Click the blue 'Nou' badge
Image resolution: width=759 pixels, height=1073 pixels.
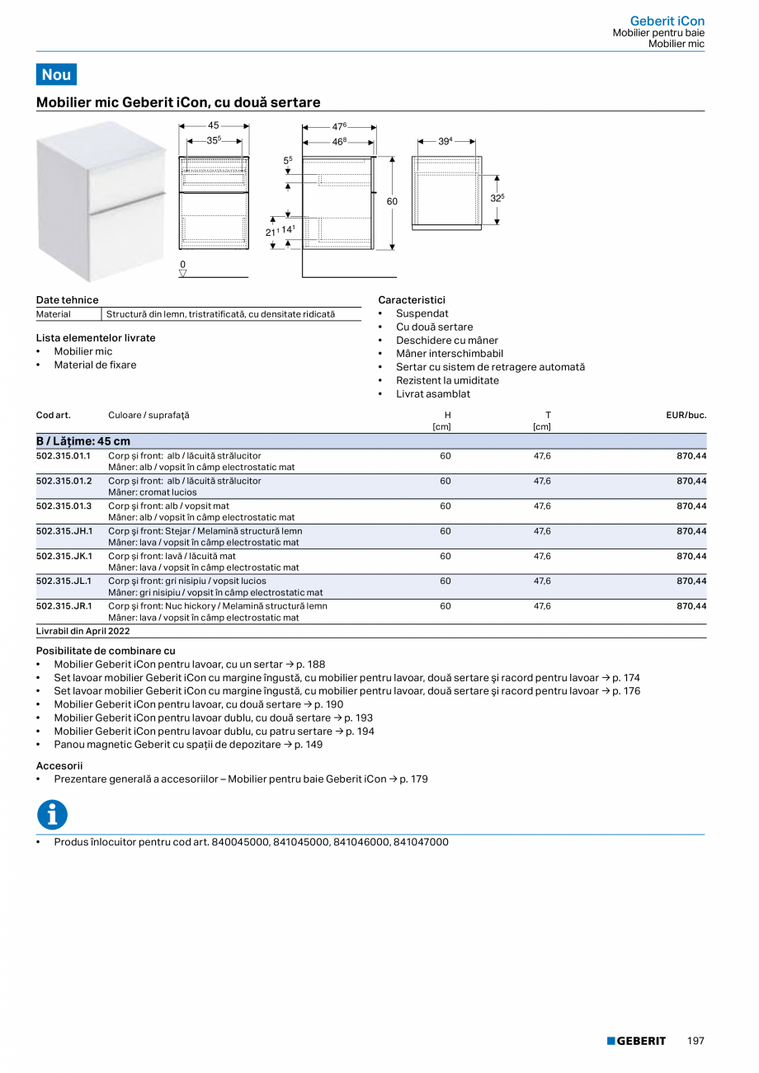tap(56, 74)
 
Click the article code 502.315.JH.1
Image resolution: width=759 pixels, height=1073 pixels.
tap(64, 531)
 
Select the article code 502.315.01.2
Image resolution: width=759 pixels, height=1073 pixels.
tap(64, 481)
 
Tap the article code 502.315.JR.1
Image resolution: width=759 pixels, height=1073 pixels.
tap(64, 606)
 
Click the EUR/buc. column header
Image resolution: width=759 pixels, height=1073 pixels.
tap(686, 415)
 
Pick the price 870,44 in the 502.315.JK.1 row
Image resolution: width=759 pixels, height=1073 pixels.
tap(691, 556)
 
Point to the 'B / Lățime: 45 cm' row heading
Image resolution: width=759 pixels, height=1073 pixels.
tap(82, 441)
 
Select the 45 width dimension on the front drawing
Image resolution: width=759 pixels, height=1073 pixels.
tap(214, 126)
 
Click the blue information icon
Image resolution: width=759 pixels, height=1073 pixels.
tap(52, 815)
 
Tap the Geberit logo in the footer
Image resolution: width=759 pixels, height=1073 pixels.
tap(636, 1042)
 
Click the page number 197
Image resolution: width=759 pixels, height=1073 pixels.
tap(695, 1042)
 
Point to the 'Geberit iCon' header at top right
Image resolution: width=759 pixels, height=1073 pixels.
tap(667, 21)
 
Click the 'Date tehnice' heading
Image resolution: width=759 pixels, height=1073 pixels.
tap(67, 300)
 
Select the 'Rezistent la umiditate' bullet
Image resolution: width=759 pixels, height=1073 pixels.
tap(447, 380)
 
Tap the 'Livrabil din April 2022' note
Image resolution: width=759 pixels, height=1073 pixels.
tap(82, 631)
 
